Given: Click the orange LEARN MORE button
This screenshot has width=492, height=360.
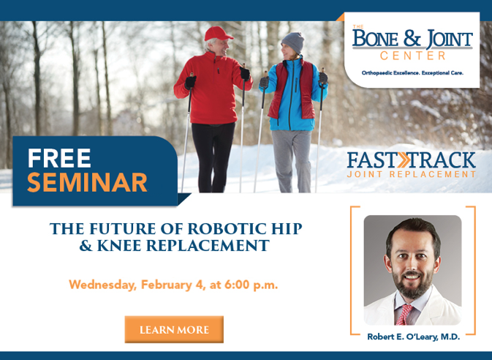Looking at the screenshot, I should coord(174,330).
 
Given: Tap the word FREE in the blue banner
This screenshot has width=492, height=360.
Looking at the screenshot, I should coord(59,157).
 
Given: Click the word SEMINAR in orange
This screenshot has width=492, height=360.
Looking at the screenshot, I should coord(87,182).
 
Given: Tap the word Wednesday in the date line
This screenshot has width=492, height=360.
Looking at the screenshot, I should coord(101,285).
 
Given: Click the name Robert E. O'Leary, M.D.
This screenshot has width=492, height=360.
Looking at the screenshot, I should coord(412,337).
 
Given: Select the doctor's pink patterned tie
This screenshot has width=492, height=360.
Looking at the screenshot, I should coord(405,314).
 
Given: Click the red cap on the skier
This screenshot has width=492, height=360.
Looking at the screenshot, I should coord(217,34).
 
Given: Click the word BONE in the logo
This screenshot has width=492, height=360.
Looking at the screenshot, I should coord(379,40).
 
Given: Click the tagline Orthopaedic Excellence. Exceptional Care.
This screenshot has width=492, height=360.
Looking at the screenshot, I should coord(412,73).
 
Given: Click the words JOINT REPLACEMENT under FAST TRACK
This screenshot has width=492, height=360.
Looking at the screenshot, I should coord(412,175).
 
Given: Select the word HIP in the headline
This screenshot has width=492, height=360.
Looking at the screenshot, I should coord(288,229).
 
